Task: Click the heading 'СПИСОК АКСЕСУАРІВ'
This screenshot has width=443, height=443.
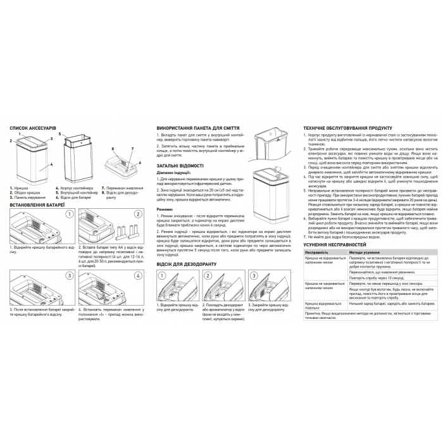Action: coord(33,128)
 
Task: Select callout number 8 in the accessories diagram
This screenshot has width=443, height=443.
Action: coord(112,149)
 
